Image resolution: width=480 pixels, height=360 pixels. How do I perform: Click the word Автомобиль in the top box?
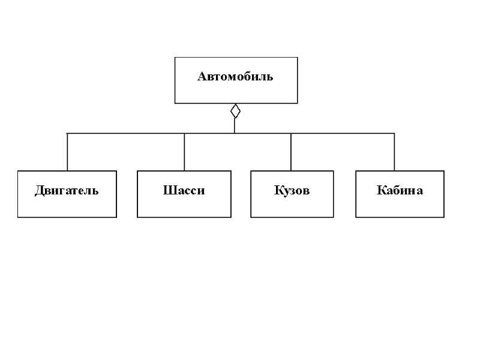235,77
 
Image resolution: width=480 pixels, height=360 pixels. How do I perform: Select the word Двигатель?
67,191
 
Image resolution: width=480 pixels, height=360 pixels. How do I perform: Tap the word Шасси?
184,191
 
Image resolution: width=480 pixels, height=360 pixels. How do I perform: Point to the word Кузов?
292,191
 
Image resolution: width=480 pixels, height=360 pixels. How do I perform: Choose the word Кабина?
400,191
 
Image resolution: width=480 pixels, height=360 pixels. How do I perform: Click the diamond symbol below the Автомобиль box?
235,111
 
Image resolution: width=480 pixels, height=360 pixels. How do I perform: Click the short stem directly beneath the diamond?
235,125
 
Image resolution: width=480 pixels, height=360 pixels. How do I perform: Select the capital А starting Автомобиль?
202,77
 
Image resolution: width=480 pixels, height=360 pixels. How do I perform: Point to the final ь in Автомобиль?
270,77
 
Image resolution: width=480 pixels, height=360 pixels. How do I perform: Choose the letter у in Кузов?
284,192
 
